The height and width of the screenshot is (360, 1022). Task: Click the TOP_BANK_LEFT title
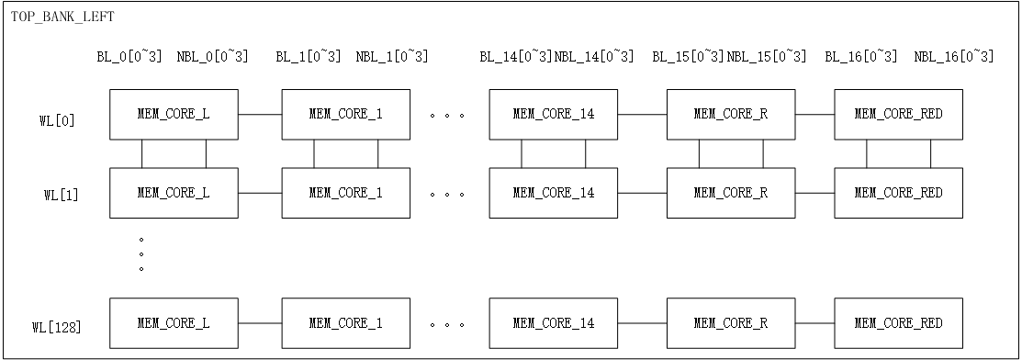pyautogui.click(x=62, y=17)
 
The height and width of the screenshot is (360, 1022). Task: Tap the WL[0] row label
pyautogui.click(x=63, y=120)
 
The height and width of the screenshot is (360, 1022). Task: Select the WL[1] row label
pyautogui.click(x=63, y=195)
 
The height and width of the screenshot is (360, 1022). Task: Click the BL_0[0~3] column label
pyautogui.click(x=129, y=57)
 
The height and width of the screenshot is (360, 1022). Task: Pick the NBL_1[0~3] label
pyautogui.click(x=392, y=57)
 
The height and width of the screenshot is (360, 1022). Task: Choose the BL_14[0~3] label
pyautogui.click(x=515, y=57)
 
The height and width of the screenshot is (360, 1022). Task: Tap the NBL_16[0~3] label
pyautogui.click(x=953, y=57)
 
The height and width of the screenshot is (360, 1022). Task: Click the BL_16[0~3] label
pyautogui.click(x=860, y=57)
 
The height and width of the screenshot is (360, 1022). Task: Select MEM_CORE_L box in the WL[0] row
pyautogui.click(x=174, y=114)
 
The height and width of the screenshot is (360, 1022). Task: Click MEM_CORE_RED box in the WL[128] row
pyautogui.click(x=898, y=323)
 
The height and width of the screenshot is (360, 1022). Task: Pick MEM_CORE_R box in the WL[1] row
pyautogui.click(x=730, y=193)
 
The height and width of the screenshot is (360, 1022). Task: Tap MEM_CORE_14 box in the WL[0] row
pyautogui.click(x=553, y=114)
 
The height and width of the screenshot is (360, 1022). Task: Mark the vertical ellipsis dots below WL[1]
pyautogui.click(x=141, y=253)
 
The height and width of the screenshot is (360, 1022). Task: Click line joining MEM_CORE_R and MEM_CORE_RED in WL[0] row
pyautogui.click(x=814, y=114)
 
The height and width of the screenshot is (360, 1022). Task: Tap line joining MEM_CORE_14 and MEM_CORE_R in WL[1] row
pyautogui.click(x=642, y=193)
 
